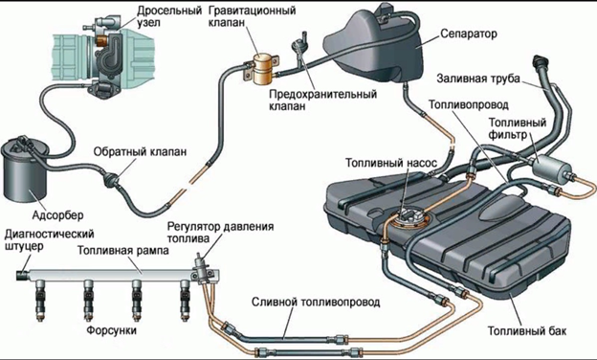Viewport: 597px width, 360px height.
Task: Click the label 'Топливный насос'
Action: tap(393, 163)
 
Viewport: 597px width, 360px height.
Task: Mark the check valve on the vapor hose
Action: tap(112, 176)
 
